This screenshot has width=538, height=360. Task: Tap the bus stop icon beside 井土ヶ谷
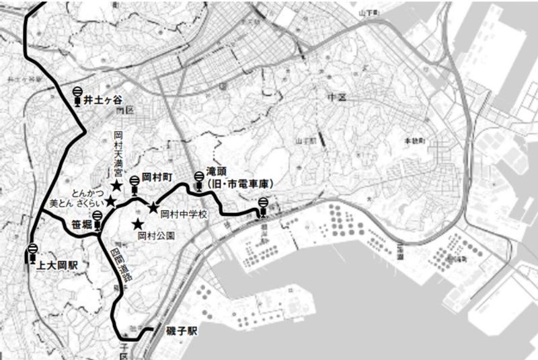tap(78, 97)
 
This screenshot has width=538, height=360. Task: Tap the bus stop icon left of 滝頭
tap(198, 180)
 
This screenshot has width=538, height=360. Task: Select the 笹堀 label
tap(79, 225)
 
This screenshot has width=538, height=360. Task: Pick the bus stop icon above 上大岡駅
tap(32, 254)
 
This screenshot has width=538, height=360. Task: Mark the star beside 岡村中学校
tap(153, 207)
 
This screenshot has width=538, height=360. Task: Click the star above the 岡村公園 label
tap(138, 224)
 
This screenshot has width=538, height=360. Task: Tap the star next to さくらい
tap(110, 201)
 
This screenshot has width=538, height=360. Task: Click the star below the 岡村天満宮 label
tap(116, 184)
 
